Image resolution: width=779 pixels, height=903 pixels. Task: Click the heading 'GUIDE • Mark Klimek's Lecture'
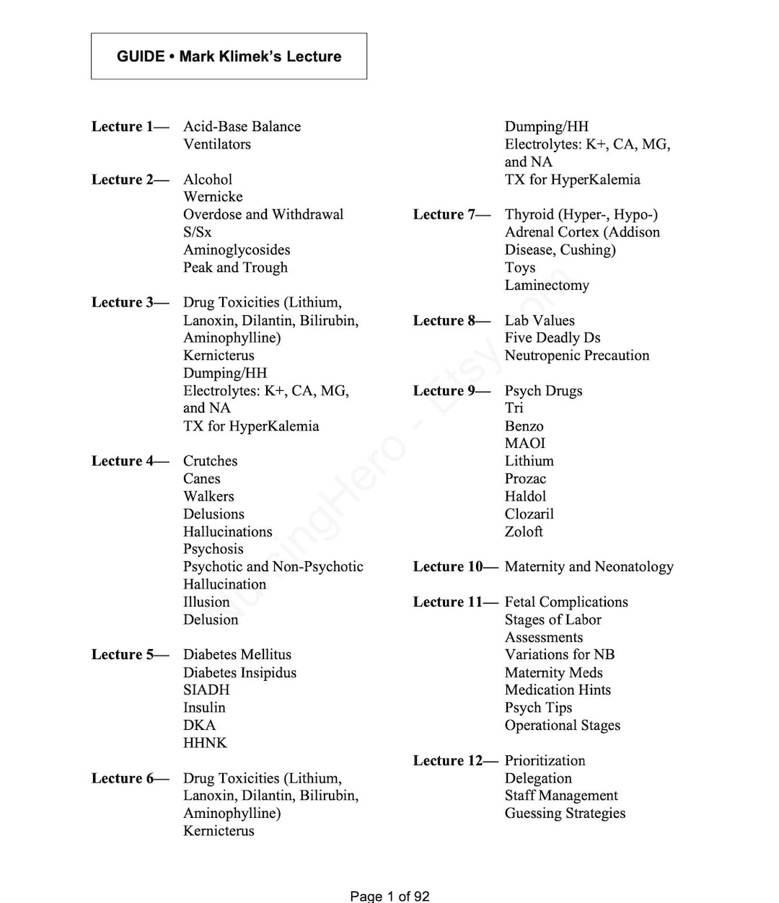coord(229,56)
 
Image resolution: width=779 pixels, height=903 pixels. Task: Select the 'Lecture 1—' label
coord(130,126)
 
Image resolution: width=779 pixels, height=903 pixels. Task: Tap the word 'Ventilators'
coord(217,144)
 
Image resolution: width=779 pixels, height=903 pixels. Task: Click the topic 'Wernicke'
coord(213,197)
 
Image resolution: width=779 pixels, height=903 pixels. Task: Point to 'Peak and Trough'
coord(235,268)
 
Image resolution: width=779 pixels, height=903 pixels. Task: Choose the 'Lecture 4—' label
coord(130,461)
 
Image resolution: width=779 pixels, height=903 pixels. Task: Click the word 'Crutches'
coord(210,461)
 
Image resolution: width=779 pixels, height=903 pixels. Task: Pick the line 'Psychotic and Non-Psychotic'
coord(273,567)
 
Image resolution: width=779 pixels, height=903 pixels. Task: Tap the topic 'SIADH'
coord(206,690)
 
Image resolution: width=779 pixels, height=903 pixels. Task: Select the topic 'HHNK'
coord(205,743)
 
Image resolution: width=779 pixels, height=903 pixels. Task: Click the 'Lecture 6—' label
coord(130,778)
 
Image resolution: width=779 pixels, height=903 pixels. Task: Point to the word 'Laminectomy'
coord(547,285)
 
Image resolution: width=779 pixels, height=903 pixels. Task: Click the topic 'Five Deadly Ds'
coord(552,338)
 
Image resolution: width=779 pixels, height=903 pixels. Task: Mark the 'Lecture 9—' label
coord(452,391)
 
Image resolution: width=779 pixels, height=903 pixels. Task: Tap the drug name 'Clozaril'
coord(529,514)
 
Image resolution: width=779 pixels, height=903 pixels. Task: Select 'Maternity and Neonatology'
coord(589,567)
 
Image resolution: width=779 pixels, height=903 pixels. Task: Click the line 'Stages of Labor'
coord(553,620)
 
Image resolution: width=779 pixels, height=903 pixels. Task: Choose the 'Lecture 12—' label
coord(455,761)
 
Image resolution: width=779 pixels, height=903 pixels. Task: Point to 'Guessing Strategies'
coord(565,814)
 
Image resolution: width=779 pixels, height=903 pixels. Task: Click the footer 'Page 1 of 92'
coord(389,896)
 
